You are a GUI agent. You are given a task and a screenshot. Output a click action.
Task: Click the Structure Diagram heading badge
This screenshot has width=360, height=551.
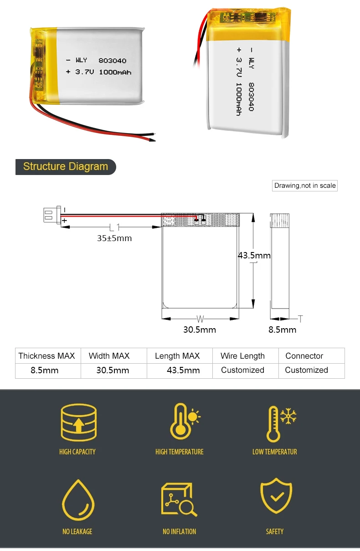(x=66, y=167)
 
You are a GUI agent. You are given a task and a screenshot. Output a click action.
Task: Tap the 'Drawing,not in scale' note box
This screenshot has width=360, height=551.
(x=305, y=185)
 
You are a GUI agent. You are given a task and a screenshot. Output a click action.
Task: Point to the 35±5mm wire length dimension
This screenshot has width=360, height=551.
(x=114, y=238)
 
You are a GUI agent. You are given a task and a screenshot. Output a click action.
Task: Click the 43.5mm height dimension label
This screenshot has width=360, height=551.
(x=254, y=255)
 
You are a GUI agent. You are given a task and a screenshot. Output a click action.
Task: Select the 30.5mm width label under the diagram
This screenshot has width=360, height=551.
(x=200, y=330)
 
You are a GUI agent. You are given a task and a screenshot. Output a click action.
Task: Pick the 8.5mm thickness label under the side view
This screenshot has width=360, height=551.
(x=282, y=330)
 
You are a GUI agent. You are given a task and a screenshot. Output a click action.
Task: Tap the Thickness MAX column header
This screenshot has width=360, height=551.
(x=46, y=356)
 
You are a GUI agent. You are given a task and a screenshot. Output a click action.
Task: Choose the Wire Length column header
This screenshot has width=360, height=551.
(x=242, y=356)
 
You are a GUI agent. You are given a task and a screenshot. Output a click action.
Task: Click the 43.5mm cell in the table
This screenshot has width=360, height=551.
(x=183, y=371)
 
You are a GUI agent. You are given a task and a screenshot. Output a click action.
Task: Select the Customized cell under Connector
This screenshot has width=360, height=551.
(x=306, y=370)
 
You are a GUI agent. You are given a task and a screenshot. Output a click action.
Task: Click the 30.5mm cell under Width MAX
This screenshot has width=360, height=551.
(x=113, y=371)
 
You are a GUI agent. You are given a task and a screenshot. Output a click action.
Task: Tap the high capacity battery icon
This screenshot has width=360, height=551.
(x=78, y=423)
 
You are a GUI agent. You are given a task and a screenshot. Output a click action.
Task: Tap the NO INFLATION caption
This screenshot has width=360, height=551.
(x=180, y=531)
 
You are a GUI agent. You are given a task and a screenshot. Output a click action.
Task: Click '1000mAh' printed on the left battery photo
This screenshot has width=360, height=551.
(x=115, y=72)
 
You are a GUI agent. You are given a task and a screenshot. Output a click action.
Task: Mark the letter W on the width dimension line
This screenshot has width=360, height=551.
(x=200, y=319)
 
